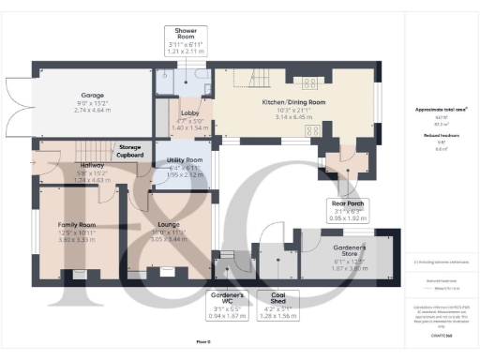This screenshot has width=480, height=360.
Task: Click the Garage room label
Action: pyautogui.click(x=93, y=94)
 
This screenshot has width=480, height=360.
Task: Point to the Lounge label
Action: pyautogui.click(x=170, y=225)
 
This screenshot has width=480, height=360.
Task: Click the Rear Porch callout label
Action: pyautogui.click(x=347, y=209)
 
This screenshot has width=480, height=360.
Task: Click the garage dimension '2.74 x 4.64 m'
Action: pyautogui.click(x=93, y=110)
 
